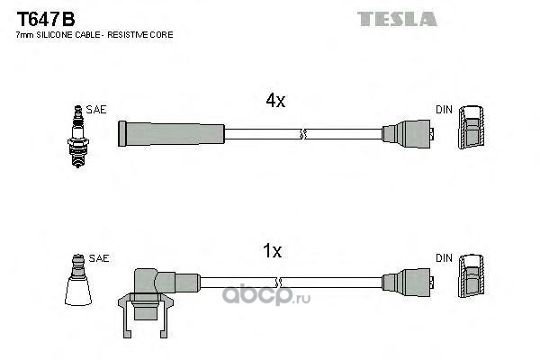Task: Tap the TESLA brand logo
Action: [397, 18]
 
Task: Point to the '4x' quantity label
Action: [275, 102]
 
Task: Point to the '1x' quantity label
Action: [273, 253]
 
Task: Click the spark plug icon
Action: [76, 135]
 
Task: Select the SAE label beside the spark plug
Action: [97, 109]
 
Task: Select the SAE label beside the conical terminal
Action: [99, 258]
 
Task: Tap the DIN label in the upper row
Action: [444, 109]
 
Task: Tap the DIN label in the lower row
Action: [444, 258]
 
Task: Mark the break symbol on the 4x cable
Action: [302, 134]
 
